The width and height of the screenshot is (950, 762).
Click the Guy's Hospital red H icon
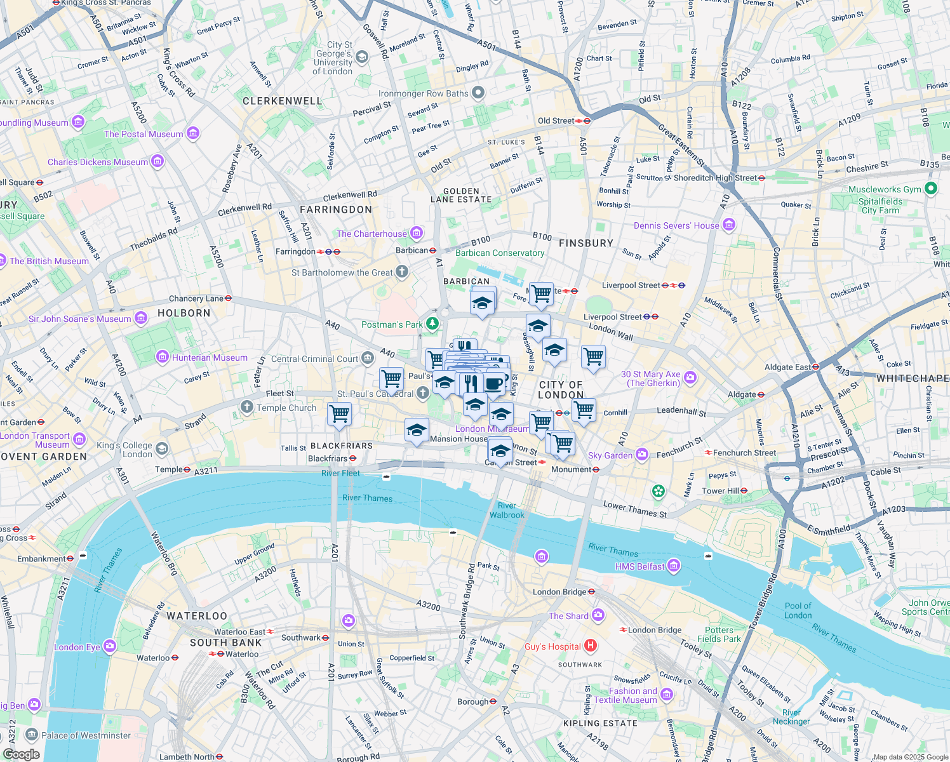tap(591, 646)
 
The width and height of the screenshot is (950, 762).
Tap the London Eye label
tap(77, 647)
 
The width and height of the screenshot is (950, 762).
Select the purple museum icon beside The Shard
tap(598, 615)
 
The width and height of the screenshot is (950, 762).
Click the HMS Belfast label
tap(639, 566)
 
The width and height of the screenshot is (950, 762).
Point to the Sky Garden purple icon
tap(642, 455)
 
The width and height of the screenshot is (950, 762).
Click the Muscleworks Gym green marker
tap(931, 188)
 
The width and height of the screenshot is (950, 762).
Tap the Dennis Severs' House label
tap(676, 225)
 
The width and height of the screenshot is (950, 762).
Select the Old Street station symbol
tap(587, 121)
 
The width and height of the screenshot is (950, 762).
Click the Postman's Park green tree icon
tap(432, 324)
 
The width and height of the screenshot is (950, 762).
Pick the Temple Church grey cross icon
tap(247, 407)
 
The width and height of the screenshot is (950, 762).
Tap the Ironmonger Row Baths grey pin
tap(478, 93)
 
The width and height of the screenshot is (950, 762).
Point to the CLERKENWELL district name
tap(282, 101)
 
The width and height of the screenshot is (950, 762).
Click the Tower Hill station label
tap(719, 491)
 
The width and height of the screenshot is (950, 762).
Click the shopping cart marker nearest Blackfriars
tap(340, 414)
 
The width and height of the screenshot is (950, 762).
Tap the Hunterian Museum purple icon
tap(163, 358)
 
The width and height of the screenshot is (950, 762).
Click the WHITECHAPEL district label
tap(913, 378)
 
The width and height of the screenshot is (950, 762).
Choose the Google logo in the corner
tap(22, 754)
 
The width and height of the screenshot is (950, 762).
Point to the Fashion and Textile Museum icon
tap(666, 694)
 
